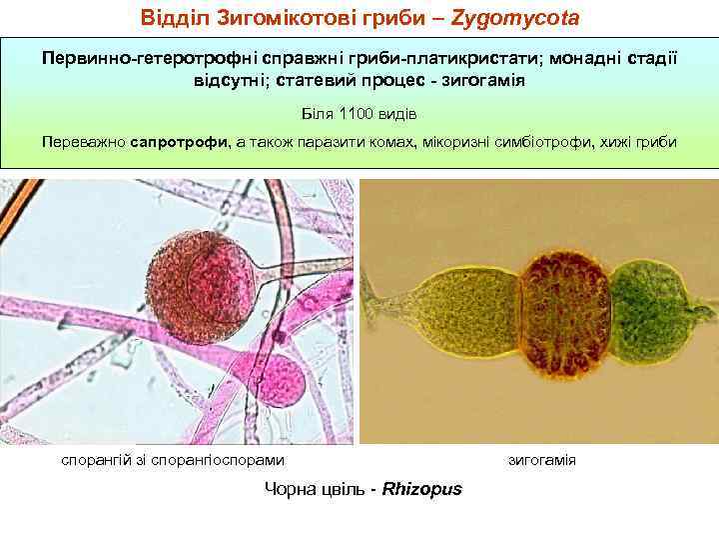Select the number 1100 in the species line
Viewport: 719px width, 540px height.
click(x=358, y=111)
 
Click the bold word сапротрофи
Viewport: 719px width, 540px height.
click(x=177, y=142)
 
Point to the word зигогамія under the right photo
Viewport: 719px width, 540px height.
click(x=542, y=460)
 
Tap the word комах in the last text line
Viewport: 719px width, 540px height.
click(x=391, y=142)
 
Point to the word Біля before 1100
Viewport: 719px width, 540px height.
click(x=319, y=111)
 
